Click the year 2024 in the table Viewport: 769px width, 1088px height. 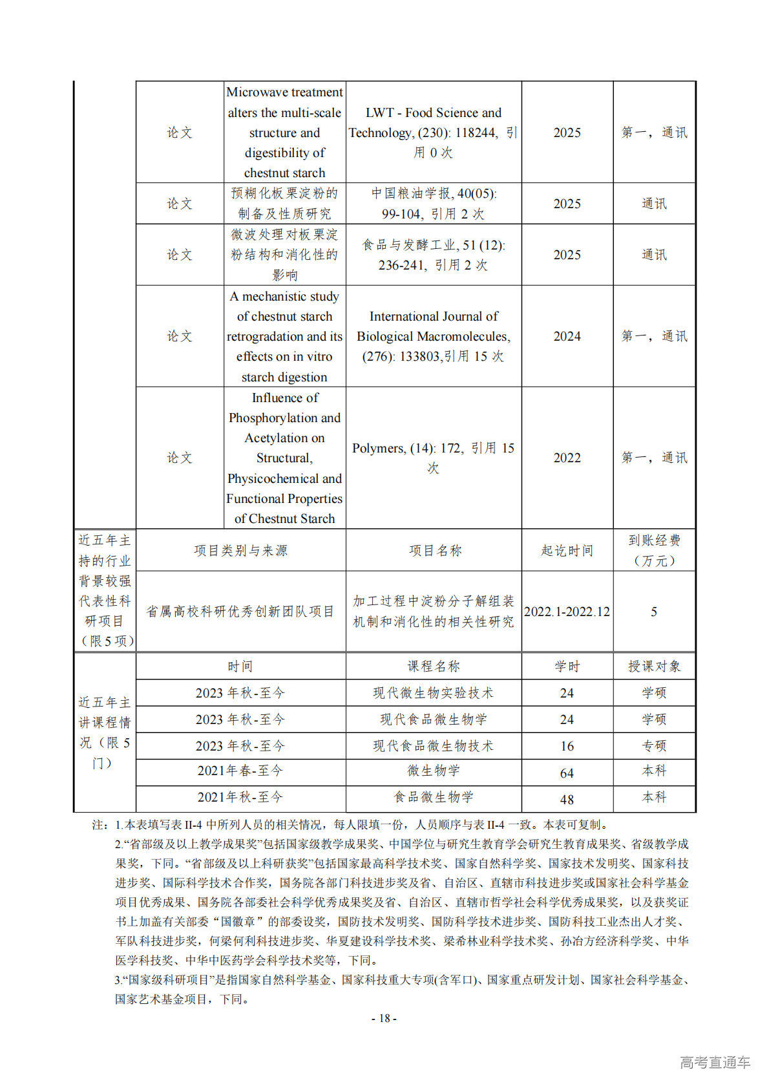[567, 336]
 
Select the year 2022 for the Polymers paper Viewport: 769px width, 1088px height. [567, 458]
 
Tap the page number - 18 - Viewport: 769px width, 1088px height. [384, 1018]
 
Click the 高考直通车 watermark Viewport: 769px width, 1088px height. [715, 1062]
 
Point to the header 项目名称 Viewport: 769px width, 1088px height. [435, 551]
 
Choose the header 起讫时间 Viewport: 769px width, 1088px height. [567, 551]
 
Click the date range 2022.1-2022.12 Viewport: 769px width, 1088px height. [567, 612]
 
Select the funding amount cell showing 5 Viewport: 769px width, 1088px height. [654, 612]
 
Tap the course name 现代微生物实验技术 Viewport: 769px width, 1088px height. [434, 693]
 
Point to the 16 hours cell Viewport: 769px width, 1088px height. [567, 746]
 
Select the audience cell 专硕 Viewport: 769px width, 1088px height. [654, 746]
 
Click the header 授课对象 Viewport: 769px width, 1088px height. [654, 667]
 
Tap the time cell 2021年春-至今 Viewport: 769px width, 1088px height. [240, 771]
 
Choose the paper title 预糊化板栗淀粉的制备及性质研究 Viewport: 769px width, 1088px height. [284, 203]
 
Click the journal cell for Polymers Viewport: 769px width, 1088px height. [434, 457]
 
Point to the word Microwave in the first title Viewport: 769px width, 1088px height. [255, 92]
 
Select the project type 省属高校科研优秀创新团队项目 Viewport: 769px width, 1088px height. [240, 612]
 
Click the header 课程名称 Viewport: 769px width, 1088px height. [434, 667]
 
